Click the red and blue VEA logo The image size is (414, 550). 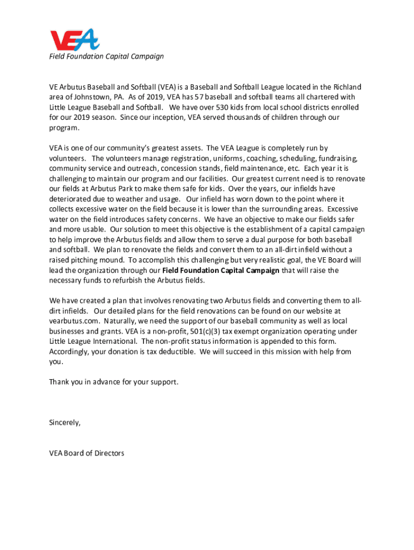click(74, 40)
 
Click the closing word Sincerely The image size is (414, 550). click(65, 422)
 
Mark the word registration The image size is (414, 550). click(183, 158)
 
